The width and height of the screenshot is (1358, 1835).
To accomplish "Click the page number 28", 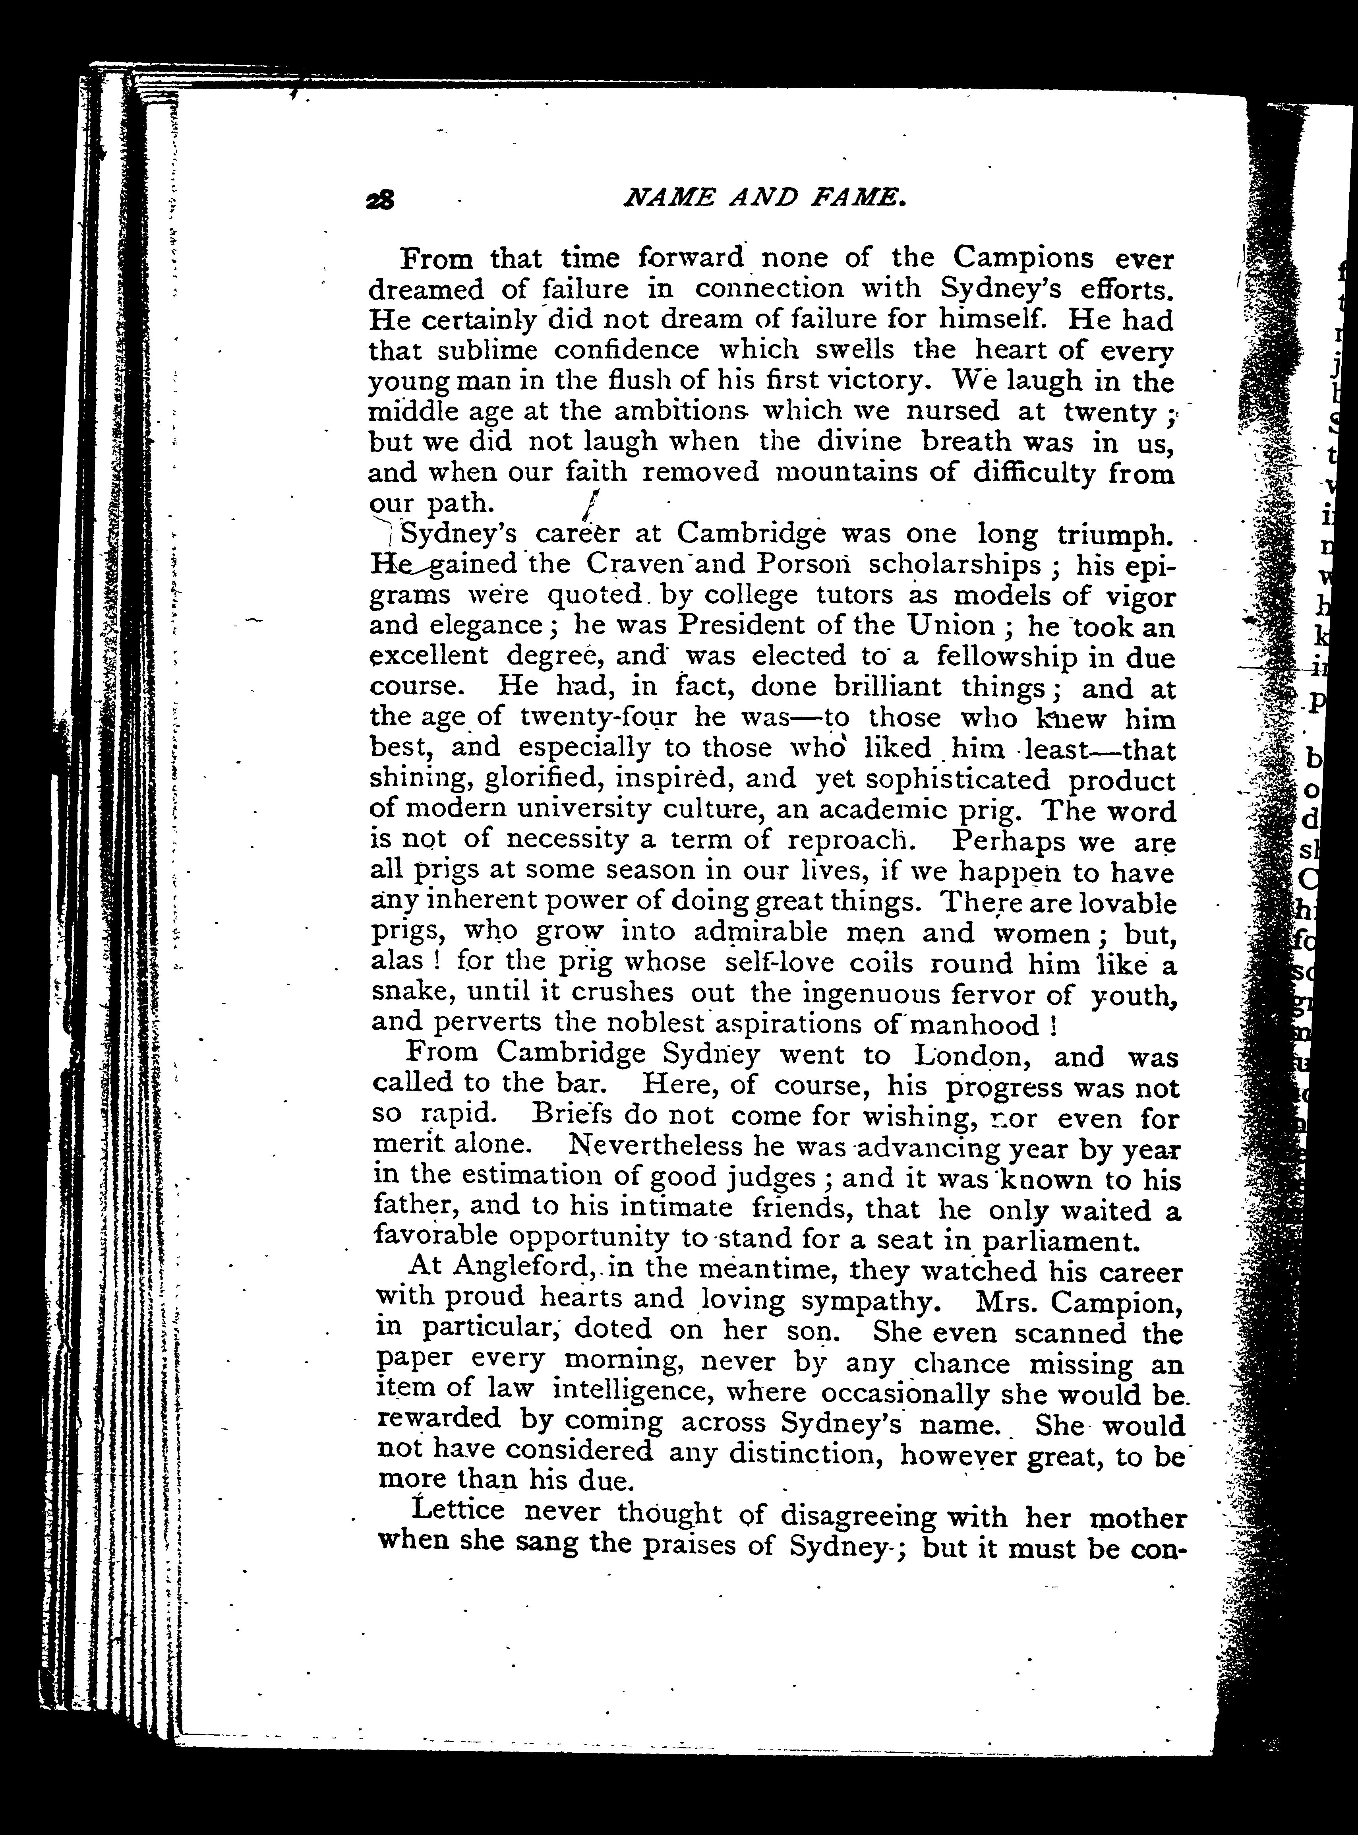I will tap(381, 201).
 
